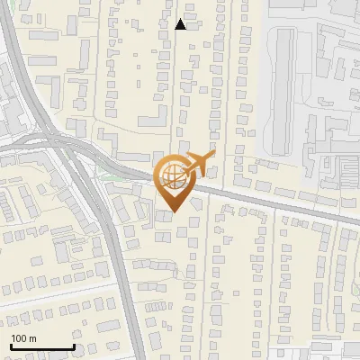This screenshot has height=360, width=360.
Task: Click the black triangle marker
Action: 181,24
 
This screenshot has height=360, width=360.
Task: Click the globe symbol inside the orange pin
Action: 170,178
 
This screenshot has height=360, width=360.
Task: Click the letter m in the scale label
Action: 33,338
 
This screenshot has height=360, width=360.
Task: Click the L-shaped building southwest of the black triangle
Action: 153,117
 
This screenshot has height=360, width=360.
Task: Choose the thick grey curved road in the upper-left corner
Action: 22,72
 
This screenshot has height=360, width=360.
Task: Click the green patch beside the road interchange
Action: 103,180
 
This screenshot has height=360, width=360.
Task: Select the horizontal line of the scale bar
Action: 41,346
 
